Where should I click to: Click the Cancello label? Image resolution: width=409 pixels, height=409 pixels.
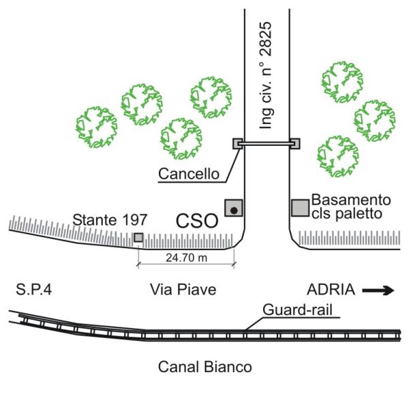point(189,175)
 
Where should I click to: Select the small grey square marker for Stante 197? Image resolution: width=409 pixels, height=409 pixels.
point(138,237)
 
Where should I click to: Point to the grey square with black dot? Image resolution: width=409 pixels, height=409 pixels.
point(234,209)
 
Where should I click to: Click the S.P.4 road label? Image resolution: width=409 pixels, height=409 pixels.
point(33,290)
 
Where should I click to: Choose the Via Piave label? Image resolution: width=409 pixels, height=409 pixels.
point(183,290)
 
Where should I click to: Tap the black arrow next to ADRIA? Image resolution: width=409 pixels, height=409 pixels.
point(378,290)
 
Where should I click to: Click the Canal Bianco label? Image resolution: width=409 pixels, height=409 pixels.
point(204,366)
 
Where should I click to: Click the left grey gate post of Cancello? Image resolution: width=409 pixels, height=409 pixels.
point(237,144)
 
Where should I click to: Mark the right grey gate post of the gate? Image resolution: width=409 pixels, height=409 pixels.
point(294,144)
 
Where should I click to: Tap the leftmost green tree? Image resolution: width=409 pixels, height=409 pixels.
point(96,127)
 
